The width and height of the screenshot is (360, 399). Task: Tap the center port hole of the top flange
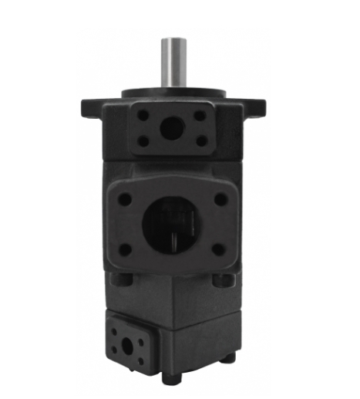tap(170, 128)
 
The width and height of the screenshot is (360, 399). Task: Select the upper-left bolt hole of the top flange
tap(143, 116)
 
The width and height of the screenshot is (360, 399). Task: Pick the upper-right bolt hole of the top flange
tap(200, 116)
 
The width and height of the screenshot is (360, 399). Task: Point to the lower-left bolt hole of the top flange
tap(143, 141)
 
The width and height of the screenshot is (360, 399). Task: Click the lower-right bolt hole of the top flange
tap(200, 140)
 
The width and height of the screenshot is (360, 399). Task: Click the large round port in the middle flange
tap(171, 223)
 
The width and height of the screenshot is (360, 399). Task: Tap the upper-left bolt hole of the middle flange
tap(124, 199)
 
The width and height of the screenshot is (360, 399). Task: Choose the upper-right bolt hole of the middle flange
tap(220, 199)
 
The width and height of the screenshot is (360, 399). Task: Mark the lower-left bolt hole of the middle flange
tap(124, 249)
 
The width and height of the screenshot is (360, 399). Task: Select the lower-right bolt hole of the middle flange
tap(219, 249)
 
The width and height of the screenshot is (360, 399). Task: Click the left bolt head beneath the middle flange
tap(116, 279)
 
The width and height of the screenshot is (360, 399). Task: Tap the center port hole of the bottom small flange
tap(128, 341)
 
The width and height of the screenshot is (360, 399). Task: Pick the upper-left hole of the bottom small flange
tap(116, 330)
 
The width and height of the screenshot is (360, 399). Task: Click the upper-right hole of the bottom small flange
tap(140, 331)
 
